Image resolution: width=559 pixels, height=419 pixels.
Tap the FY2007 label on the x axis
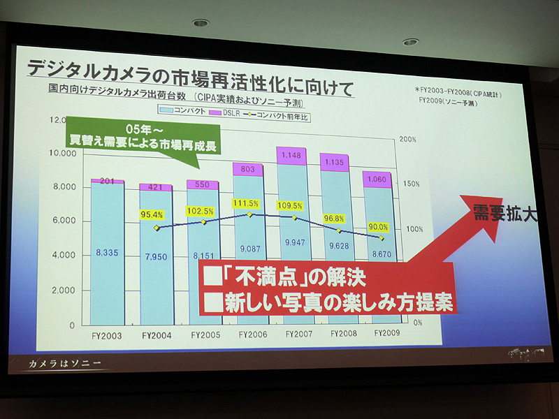(298, 334)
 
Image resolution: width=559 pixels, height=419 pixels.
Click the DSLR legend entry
(233, 112)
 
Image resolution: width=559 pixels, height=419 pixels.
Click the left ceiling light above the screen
(201, 22)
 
